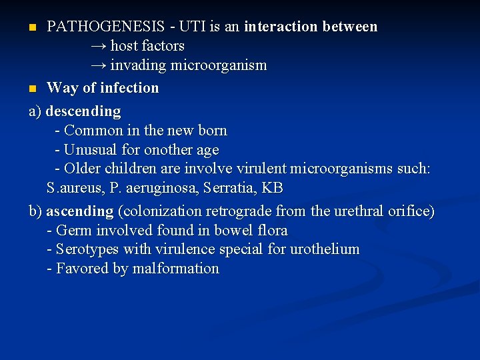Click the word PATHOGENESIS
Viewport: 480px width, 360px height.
click(105, 26)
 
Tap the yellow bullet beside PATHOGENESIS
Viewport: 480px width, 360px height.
click(33, 27)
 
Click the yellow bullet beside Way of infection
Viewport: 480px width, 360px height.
click(33, 89)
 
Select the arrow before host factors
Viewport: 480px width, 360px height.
click(99, 47)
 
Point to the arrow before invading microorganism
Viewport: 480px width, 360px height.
click(99, 65)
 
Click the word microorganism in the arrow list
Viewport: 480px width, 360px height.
click(219, 65)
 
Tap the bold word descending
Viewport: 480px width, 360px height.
click(83, 111)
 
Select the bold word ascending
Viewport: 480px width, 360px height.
click(80, 211)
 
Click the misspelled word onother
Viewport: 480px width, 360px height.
click(169, 150)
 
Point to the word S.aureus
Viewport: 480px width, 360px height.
click(75, 187)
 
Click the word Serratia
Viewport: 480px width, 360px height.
click(230, 187)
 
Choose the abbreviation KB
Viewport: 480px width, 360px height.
click(272, 187)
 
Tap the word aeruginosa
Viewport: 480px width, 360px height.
click(161, 188)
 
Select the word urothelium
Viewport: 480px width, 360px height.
click(325, 249)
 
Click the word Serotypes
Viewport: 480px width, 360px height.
click(87, 249)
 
